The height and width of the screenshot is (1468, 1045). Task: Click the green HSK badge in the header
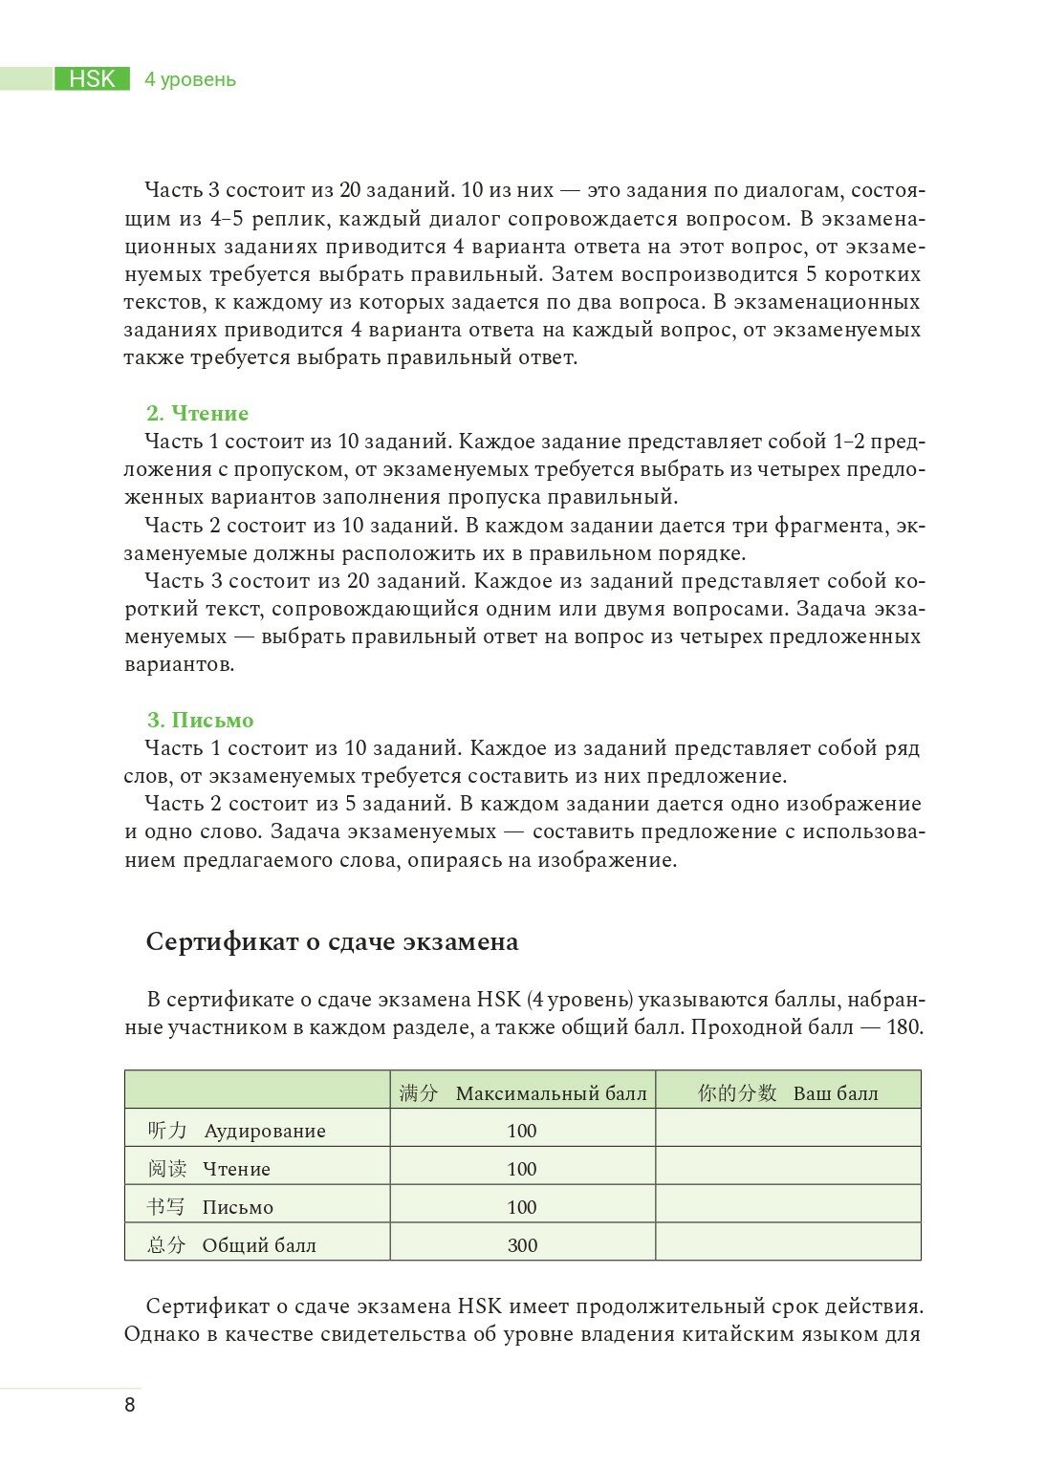(92, 79)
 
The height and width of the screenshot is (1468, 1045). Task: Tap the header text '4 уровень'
(190, 79)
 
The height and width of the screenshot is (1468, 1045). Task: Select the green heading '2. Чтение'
(197, 413)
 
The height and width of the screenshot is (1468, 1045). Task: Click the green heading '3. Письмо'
(200, 720)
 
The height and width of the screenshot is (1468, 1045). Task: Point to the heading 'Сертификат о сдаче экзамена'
(332, 941)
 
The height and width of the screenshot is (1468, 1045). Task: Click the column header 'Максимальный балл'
(551, 1093)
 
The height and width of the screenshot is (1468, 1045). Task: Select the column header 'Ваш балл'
(835, 1093)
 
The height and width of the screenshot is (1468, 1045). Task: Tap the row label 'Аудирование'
(265, 1131)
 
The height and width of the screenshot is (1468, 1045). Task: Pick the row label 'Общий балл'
(259, 1245)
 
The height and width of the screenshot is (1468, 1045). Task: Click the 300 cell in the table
(522, 1245)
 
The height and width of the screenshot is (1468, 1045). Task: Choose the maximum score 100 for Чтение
(522, 1169)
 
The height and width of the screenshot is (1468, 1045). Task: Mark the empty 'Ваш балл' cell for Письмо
(788, 1206)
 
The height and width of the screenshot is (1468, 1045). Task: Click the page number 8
(130, 1405)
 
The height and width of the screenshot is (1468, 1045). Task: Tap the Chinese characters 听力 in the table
(167, 1130)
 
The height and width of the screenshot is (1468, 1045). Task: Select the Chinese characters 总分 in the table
(166, 1244)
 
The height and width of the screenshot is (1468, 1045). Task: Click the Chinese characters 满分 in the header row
(418, 1092)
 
